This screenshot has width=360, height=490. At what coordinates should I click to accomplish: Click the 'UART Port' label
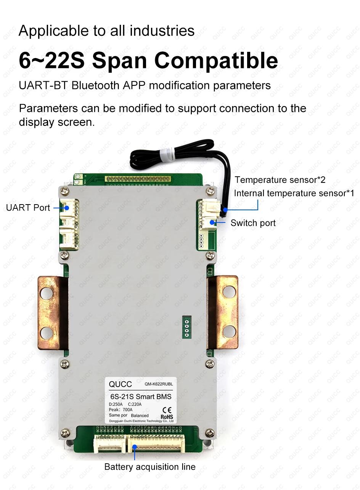(28, 208)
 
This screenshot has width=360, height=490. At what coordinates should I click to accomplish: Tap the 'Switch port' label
(253, 223)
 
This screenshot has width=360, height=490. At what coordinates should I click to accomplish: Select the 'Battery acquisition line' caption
(149, 467)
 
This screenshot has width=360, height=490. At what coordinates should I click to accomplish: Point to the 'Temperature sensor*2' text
(280, 180)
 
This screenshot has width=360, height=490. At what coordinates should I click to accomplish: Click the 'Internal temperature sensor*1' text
(294, 193)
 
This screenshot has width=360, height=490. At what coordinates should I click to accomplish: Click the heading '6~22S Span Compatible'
(148, 61)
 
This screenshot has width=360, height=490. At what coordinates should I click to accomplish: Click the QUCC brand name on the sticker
(120, 384)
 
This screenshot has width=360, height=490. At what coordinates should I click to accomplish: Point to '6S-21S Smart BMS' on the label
(140, 397)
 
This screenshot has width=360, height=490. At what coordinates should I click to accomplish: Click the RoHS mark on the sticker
(167, 417)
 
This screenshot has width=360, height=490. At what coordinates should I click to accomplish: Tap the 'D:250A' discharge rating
(116, 405)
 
